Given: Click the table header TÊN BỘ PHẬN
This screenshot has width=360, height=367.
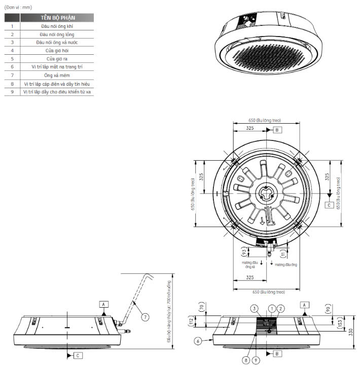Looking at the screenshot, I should (56, 17).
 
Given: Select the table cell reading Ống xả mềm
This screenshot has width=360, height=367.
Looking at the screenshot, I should (56, 75).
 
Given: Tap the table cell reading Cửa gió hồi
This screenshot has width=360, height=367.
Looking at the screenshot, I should (56, 50).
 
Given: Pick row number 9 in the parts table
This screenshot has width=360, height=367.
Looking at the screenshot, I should (12, 91).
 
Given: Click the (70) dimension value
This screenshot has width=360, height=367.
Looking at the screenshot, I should (201, 307).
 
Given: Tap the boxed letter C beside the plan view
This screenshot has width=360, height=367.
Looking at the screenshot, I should (329, 205).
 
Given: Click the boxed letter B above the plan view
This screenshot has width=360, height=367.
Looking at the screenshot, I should (277, 130).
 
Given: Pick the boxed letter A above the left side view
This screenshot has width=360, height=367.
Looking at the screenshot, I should (103, 304).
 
